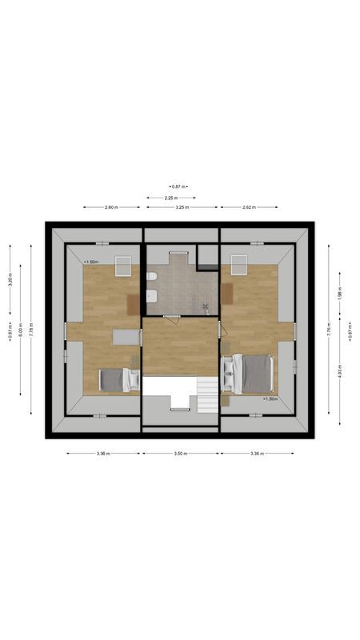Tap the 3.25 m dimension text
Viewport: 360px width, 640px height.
[182, 207]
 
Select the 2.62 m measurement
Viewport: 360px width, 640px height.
[247, 207]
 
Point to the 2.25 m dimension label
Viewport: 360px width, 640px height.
[170, 197]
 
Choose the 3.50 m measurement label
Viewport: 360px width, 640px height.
[180, 454]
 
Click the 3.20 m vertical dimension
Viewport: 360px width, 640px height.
[10, 281]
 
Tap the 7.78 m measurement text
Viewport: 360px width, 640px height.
[31, 329]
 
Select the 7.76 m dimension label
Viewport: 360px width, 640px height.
[328, 329]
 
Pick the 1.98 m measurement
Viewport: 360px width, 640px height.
[339, 294]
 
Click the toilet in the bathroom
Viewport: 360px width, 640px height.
[151, 276]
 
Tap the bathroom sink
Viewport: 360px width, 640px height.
[151, 297]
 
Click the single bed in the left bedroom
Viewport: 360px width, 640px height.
[118, 379]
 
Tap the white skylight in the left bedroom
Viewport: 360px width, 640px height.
[122, 266]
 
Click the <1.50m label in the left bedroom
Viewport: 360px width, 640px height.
[90, 262]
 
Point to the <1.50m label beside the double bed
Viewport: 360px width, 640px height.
[270, 398]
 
